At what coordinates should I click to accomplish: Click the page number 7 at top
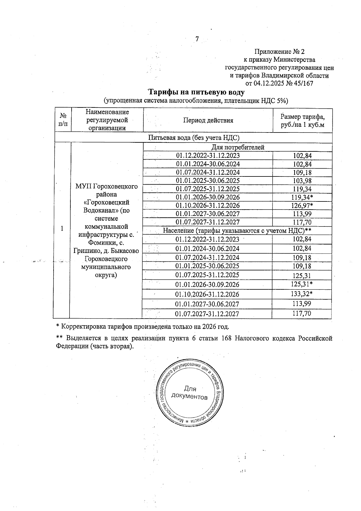pos(197,39)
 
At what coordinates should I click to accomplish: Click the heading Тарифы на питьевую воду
pos(197,92)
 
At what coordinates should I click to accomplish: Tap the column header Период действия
pos(208,120)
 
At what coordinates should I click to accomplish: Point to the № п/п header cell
pos(62,120)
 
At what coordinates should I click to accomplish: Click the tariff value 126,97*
pos(302,206)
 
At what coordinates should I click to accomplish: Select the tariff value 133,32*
pos(302,294)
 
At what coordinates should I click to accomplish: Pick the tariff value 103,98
pos(302,181)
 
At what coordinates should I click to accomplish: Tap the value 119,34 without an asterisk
pos(302,189)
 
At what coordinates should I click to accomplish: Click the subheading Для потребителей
pos(238,147)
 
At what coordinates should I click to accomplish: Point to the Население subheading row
pos(237,231)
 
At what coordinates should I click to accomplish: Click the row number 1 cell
pos(62,229)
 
